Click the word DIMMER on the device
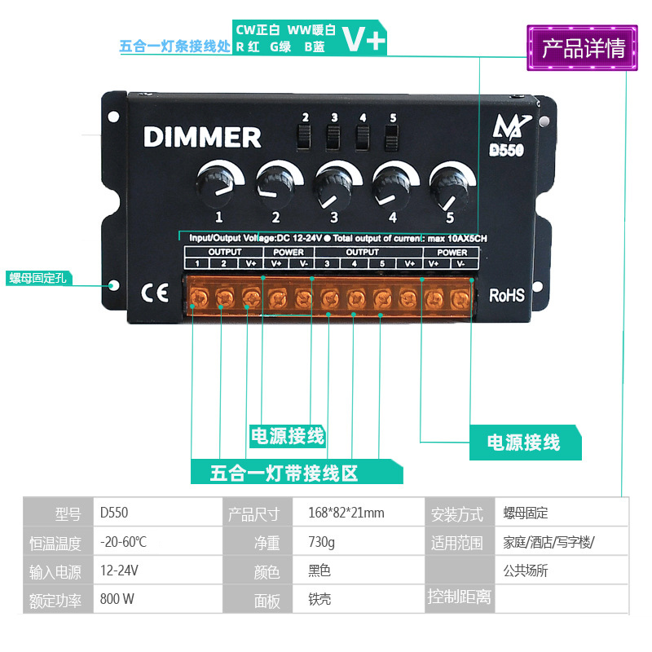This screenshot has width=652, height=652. (x=202, y=137)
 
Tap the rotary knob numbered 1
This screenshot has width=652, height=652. (x=218, y=183)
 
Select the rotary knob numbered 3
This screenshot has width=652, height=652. (x=334, y=184)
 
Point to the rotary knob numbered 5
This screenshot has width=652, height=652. (x=449, y=184)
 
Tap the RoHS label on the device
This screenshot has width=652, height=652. (x=506, y=295)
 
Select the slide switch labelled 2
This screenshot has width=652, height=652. (x=306, y=137)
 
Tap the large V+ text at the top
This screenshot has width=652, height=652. (x=363, y=39)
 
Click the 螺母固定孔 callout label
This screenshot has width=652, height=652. (x=40, y=279)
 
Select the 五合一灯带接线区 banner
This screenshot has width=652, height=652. (x=284, y=473)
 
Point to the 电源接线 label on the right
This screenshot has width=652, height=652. (x=524, y=443)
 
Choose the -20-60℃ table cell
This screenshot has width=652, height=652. (x=123, y=542)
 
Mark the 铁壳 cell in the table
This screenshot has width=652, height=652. (x=319, y=599)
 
